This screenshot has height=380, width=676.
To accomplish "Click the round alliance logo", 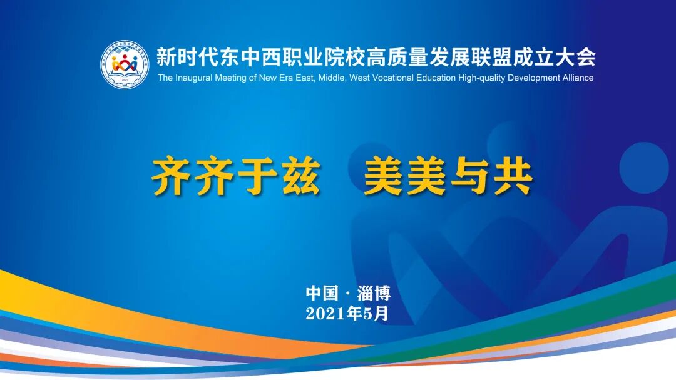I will [125, 64].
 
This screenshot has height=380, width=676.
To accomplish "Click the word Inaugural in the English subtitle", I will [195, 78].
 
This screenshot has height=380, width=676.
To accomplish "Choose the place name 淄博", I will [373, 294].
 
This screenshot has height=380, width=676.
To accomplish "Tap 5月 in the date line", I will [377, 313].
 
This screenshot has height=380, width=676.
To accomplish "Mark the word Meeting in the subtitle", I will [231, 78].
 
